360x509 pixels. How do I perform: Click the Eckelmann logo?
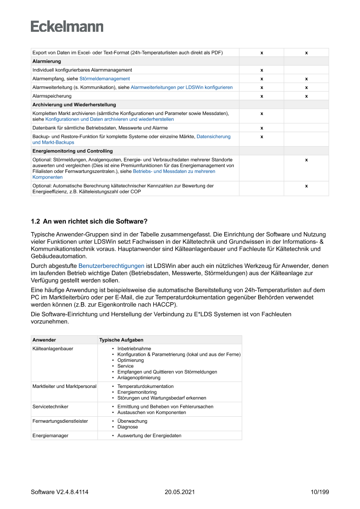(x=67, y=27)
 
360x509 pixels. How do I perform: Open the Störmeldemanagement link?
(x=104, y=79)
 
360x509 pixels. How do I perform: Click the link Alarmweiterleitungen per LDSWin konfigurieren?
(x=182, y=88)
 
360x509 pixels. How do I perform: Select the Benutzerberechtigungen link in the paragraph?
(x=111, y=266)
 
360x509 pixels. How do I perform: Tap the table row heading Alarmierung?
(x=47, y=61)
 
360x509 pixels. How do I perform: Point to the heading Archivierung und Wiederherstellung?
(x=74, y=104)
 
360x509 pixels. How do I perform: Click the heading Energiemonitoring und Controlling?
(x=72, y=151)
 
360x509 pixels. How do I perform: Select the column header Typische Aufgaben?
(x=121, y=340)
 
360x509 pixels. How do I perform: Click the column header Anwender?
(x=44, y=340)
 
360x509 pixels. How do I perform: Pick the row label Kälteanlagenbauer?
(x=53, y=349)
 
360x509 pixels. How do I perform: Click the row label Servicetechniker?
(x=50, y=407)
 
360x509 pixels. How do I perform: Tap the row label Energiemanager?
(x=50, y=435)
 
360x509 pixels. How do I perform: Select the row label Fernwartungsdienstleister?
(x=60, y=421)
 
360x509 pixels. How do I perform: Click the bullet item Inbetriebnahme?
(x=134, y=349)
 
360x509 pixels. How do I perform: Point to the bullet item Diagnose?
(x=127, y=427)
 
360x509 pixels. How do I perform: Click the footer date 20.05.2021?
(x=179, y=492)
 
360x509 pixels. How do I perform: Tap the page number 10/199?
(x=320, y=492)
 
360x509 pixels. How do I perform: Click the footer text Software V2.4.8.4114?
(x=60, y=492)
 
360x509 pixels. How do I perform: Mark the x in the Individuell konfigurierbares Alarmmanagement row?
(x=262, y=70)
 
